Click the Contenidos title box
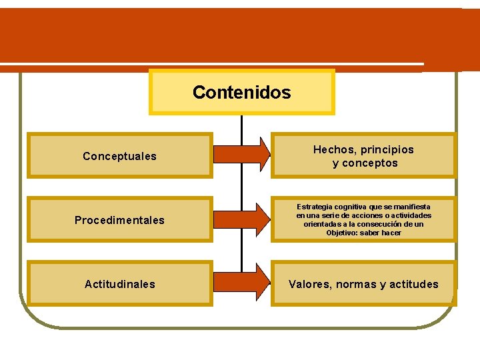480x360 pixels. [241, 92]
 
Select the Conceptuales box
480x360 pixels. [119, 156]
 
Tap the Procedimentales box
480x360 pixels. [119, 220]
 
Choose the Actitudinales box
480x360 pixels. [119, 284]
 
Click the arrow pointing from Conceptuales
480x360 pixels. [241, 153]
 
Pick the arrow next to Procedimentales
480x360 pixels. [241, 218]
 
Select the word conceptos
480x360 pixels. [370, 163]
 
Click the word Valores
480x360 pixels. [310, 285]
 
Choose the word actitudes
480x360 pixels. [412, 285]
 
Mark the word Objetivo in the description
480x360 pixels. [341, 233]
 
